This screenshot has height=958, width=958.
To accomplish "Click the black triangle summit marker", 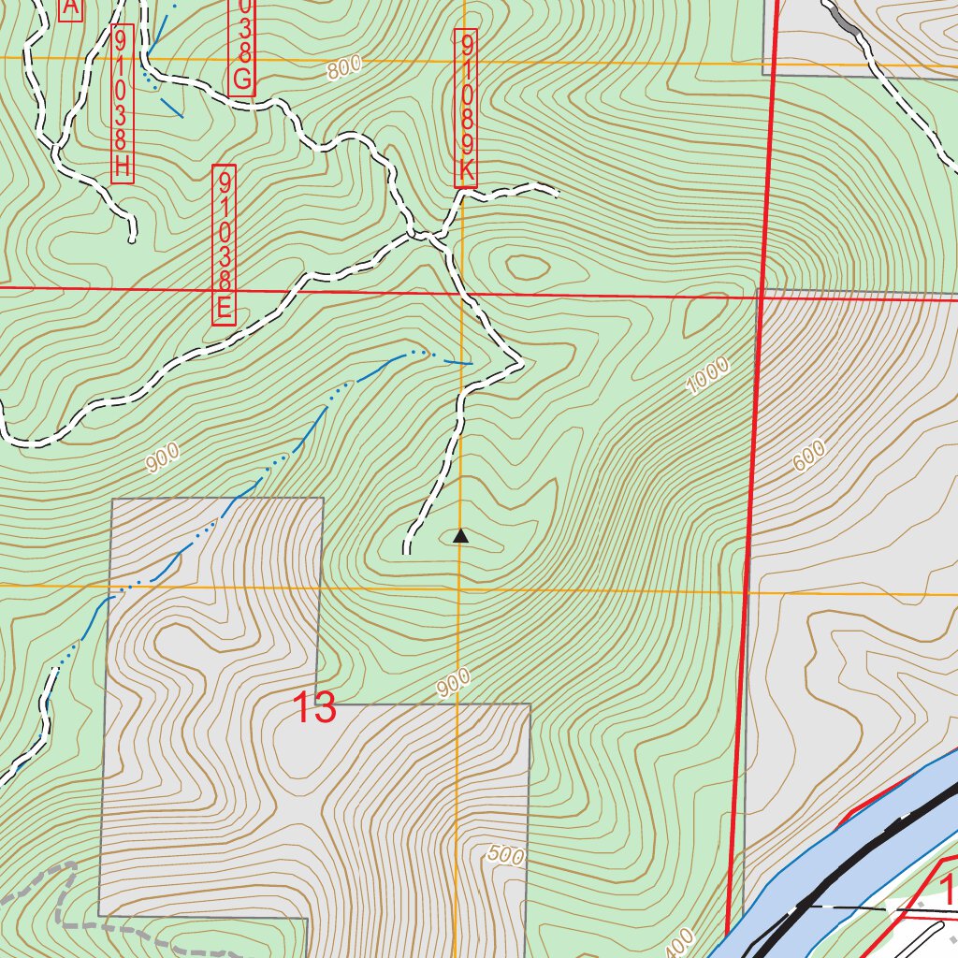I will [x=459, y=537].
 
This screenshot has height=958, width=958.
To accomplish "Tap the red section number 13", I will [x=315, y=708].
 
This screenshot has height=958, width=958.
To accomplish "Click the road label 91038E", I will [x=224, y=245].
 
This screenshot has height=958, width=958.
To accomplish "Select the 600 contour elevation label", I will [x=809, y=456].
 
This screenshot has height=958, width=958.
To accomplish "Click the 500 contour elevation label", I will [x=505, y=854].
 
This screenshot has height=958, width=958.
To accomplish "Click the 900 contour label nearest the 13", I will [x=453, y=684].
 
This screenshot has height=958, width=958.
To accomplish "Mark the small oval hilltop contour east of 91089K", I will [x=527, y=269].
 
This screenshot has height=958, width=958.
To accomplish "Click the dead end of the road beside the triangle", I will [x=407, y=550].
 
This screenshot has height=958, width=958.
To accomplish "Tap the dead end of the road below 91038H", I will [x=133, y=239].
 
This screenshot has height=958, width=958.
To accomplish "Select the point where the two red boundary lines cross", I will [x=761, y=297].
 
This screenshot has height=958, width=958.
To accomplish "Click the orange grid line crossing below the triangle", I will [x=458, y=589].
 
